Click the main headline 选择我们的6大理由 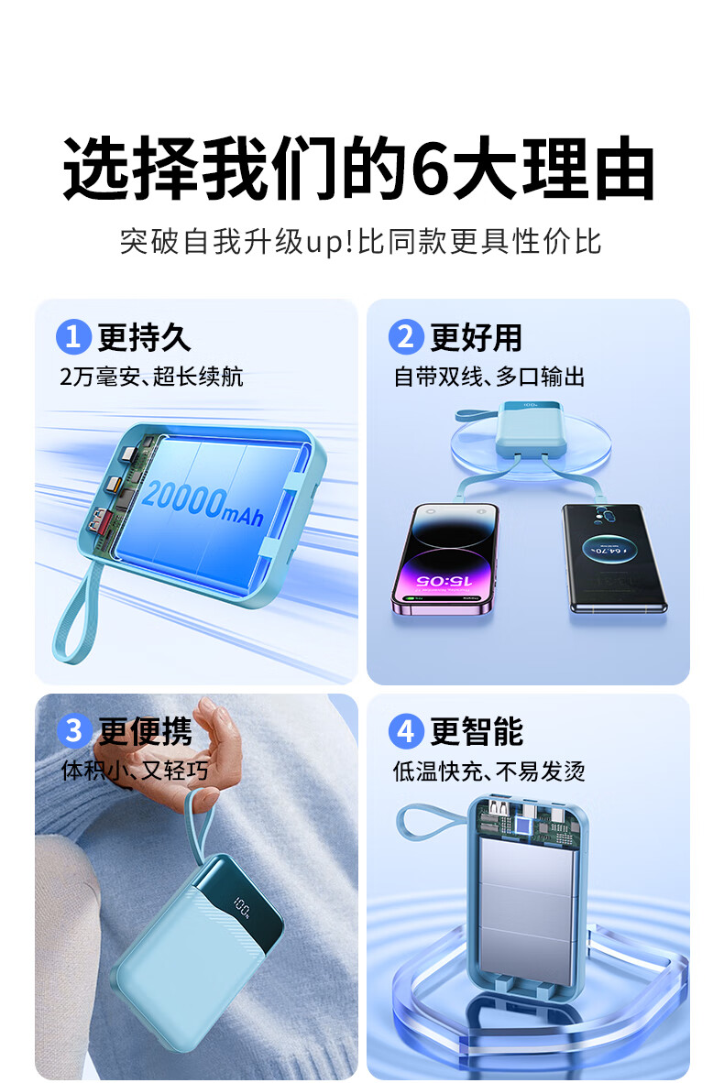[x=358, y=169]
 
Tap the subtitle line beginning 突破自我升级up [x=360, y=241]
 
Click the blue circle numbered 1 [x=73, y=337]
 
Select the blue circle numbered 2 [x=405, y=337]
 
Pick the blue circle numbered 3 [x=73, y=731]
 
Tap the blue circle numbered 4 [x=405, y=731]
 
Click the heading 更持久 [x=144, y=338]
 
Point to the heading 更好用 [x=476, y=338]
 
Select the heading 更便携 [x=145, y=732]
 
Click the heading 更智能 [x=477, y=732]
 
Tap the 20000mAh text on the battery [x=203, y=502]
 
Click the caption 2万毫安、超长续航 [x=151, y=377]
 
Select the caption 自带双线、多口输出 [x=489, y=377]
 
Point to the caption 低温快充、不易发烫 [x=489, y=771]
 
